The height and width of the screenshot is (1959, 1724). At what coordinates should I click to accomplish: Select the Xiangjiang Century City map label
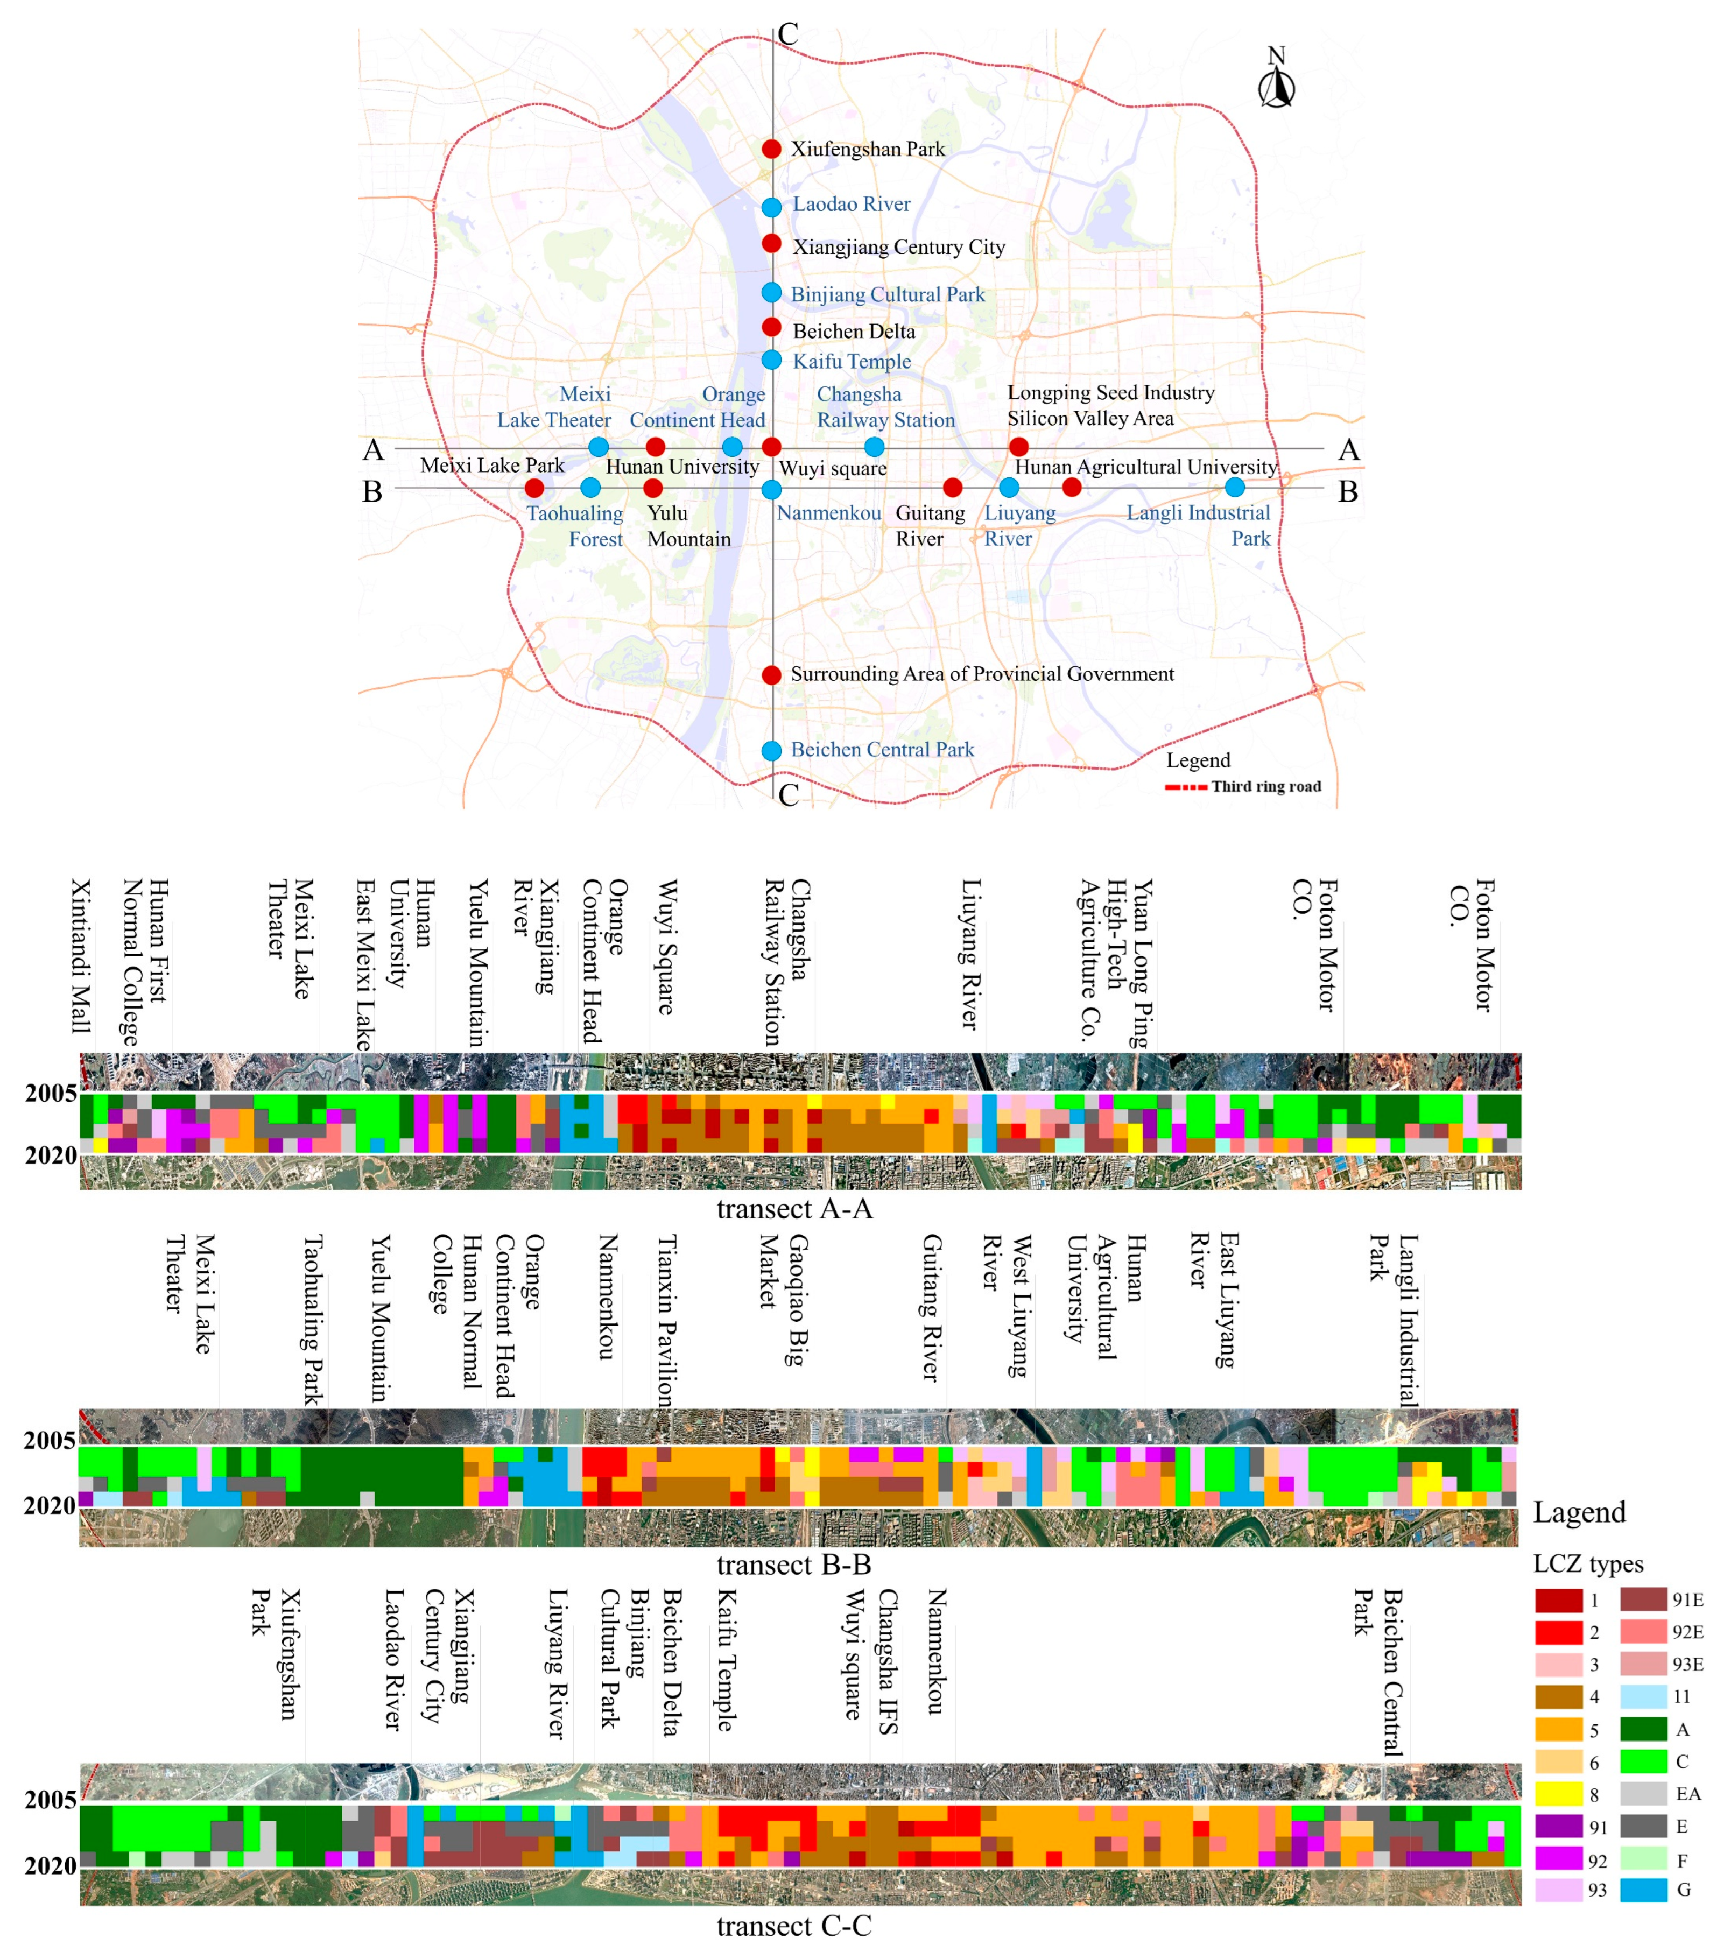[899, 246]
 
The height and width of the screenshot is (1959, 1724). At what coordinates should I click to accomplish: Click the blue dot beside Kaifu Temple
[771, 361]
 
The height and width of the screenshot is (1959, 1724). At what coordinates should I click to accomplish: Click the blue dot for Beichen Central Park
[771, 750]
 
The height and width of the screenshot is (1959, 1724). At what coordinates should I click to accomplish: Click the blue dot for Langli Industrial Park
[1235, 487]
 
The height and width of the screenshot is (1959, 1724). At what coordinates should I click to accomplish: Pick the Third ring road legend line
[1185, 787]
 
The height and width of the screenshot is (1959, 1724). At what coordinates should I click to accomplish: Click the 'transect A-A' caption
[794, 1209]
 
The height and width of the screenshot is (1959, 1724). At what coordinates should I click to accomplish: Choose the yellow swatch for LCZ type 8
[1558, 1793]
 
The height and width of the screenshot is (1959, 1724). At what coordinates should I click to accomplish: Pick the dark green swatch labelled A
[1643, 1729]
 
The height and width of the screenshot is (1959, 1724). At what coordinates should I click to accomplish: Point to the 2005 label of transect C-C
[51, 1799]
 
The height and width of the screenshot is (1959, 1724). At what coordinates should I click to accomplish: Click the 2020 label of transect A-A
[51, 1156]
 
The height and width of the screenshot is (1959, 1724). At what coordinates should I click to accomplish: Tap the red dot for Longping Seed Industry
[1019, 447]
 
